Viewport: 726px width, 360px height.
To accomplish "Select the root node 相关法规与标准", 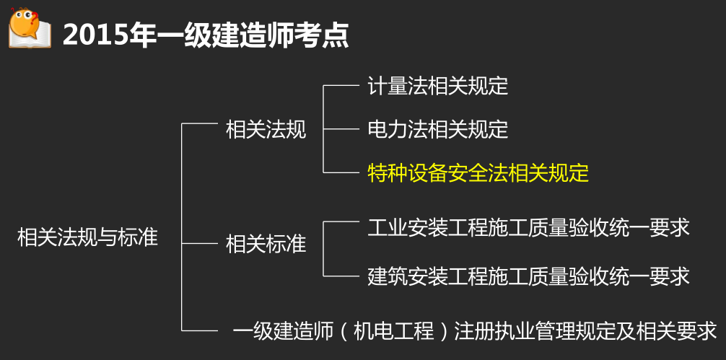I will pos(87,237).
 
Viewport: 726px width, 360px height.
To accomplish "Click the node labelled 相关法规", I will pos(266,130).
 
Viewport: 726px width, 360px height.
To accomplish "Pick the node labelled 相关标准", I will pos(266,244).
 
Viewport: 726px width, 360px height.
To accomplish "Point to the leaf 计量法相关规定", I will pos(438,87).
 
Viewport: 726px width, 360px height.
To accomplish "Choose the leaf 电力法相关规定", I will pos(438,130).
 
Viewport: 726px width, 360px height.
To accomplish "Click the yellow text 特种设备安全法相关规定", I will pos(478,173).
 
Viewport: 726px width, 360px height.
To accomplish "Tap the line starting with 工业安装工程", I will pos(529,227).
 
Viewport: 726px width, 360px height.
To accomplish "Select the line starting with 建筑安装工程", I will pos(529,275).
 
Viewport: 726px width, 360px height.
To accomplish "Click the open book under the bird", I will pos(30,40).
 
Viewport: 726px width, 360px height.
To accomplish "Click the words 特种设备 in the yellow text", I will pos(403,173).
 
